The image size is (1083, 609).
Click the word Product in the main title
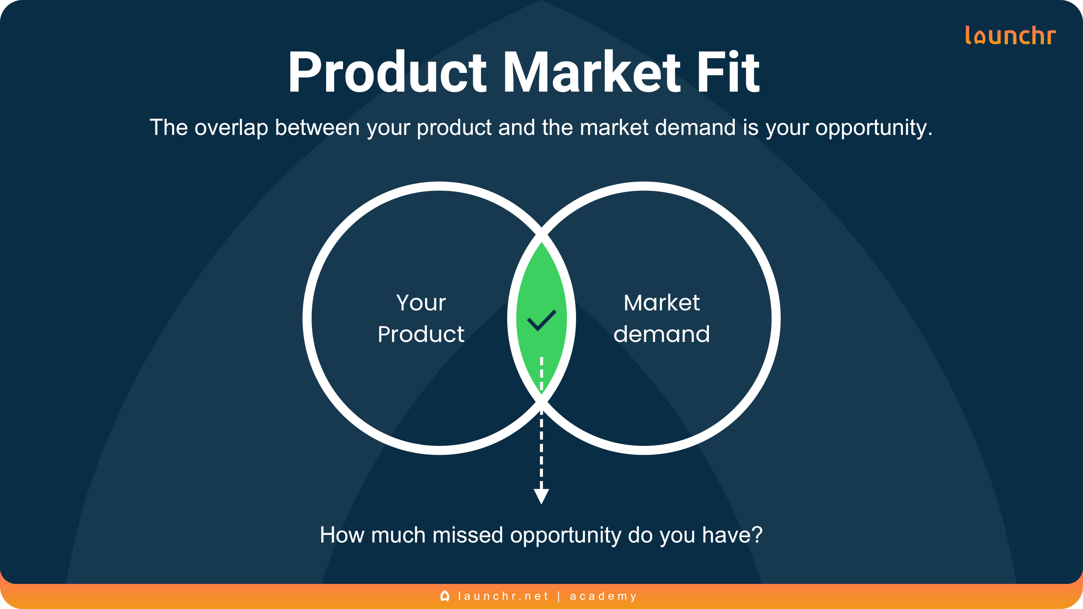click(387, 72)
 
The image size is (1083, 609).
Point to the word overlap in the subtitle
click(231, 127)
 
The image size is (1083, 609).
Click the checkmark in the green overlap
click(541, 320)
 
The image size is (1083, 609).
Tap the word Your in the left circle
click(421, 303)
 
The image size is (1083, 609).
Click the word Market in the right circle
click(662, 303)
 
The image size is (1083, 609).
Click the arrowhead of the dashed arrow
click(541, 496)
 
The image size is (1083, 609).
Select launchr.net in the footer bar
click(503, 596)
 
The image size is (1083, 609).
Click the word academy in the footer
click(603, 596)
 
